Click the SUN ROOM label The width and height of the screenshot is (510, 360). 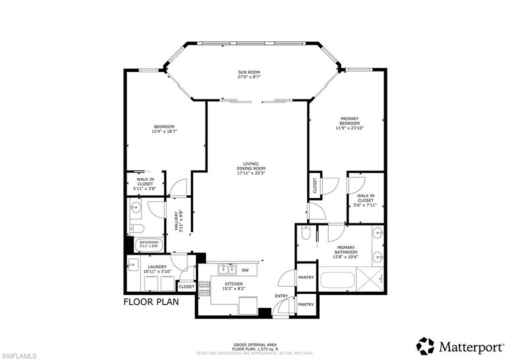click(x=249, y=72)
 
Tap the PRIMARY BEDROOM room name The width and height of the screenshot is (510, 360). click(x=349, y=121)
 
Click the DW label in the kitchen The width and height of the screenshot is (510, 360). click(x=245, y=270)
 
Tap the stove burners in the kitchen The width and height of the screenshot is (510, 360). click(x=204, y=288)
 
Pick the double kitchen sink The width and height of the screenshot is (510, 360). click(x=227, y=270)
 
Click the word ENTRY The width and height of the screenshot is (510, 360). click(x=281, y=296)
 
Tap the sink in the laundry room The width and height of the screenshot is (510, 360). click(x=132, y=264)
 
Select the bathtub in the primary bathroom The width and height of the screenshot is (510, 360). click(x=339, y=279)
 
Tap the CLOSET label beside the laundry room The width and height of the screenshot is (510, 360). click(x=186, y=287)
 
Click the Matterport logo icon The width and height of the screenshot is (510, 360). click(x=425, y=346)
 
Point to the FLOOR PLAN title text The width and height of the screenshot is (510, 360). click(x=151, y=302)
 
